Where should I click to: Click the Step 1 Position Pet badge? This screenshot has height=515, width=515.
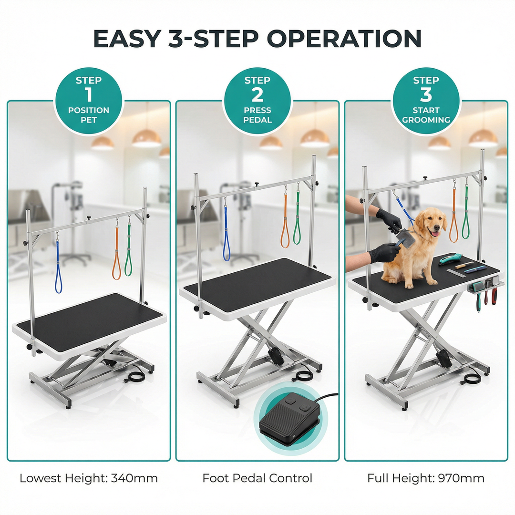[89, 101]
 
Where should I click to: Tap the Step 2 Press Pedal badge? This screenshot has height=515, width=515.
[257, 101]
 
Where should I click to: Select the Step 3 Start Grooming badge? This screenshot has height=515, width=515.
[426, 101]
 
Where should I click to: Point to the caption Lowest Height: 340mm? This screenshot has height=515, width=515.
[89, 478]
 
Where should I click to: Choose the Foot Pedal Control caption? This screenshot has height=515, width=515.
[257, 478]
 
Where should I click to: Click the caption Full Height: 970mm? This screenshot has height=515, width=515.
[426, 478]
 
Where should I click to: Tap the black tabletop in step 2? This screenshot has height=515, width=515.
[257, 281]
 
